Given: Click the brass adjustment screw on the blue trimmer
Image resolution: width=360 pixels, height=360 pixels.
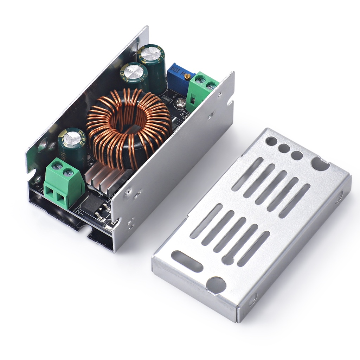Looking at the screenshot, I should (x=188, y=76).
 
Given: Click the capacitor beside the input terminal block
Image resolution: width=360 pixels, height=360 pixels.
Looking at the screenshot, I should (x=72, y=146).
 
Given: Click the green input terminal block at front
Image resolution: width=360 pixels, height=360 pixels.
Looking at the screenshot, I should (x=63, y=183).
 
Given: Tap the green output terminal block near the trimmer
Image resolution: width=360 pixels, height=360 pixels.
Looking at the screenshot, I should (x=201, y=90).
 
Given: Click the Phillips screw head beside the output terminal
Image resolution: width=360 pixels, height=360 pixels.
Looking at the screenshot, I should (x=180, y=103).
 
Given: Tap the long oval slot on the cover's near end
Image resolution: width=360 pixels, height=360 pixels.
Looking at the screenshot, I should (x=187, y=261).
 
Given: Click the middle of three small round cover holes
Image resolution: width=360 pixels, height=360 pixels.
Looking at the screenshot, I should (x=284, y=148).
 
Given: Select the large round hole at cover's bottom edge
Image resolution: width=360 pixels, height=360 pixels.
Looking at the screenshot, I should (x=216, y=285).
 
